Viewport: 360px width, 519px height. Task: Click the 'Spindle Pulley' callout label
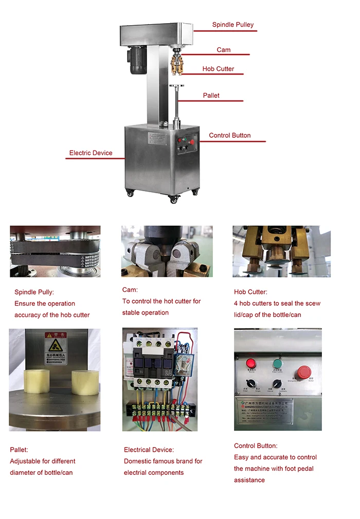(233, 25)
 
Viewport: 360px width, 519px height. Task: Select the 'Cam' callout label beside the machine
(223, 50)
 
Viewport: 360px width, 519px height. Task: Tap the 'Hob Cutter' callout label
(218, 69)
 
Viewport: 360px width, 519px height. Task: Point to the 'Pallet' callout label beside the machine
(211, 96)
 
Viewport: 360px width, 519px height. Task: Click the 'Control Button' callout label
(229, 136)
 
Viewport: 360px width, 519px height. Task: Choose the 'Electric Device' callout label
(91, 153)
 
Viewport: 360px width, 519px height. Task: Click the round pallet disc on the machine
(177, 86)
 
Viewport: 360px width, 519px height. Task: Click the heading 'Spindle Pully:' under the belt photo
(34, 292)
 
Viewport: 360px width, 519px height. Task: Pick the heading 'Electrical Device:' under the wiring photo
(149, 450)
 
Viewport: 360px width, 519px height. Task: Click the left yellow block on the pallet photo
(37, 381)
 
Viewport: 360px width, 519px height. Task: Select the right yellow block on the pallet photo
(84, 383)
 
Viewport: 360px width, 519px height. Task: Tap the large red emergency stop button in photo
(304, 371)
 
